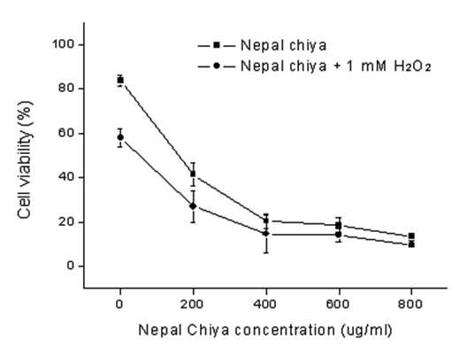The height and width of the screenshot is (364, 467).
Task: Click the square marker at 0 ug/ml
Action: tap(120, 81)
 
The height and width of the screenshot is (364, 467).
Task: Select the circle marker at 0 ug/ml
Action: tap(120, 137)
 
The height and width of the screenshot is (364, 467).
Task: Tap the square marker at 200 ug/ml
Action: tap(194, 174)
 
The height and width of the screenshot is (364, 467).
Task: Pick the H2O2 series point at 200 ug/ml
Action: tap(193, 206)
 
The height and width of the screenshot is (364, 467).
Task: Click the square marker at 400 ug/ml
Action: tap(266, 221)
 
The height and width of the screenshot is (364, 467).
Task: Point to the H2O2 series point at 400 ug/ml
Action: tap(266, 234)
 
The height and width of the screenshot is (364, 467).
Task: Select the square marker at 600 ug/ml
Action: tap(339, 225)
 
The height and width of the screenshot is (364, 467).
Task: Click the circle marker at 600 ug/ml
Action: tap(339, 235)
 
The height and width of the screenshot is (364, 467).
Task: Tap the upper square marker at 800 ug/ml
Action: tap(411, 236)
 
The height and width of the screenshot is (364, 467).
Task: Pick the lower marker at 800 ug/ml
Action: tap(411, 244)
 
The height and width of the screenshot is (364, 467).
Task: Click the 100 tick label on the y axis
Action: tap(63, 44)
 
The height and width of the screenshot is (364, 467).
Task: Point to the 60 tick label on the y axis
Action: tap(66, 133)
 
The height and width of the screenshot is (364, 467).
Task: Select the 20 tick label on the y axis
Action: tap(66, 221)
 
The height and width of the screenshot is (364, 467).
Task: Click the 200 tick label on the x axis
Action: tap(192, 305)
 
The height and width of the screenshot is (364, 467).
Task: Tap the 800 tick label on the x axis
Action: tap(410, 305)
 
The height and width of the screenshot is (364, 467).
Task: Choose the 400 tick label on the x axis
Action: tap(265, 305)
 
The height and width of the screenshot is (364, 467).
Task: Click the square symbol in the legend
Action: tap(217, 45)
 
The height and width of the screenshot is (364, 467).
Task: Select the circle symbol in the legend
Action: tap(217, 66)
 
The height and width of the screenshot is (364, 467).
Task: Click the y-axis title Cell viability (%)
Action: tap(25, 160)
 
